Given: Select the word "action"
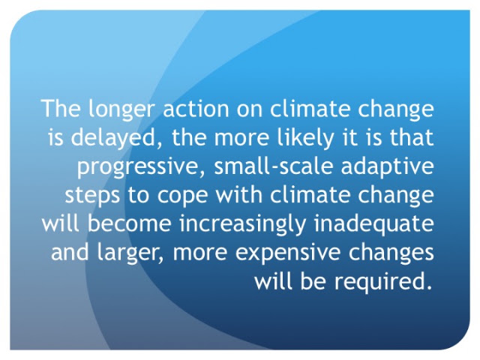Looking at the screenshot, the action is tap(196, 108).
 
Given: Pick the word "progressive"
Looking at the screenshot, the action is tap(142, 166).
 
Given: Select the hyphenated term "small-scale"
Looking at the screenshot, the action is tap(273, 166).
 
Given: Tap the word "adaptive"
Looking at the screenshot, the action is tap(387, 166).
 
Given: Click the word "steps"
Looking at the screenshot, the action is tap(92, 196).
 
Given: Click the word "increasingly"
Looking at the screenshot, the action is tap(243, 225).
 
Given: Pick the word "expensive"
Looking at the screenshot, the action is tap(288, 253).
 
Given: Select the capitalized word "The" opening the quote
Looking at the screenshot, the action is tap(61, 108).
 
